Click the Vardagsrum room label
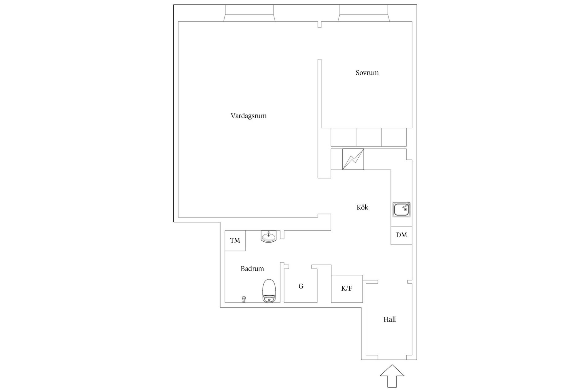[x=248, y=116]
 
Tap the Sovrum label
[x=367, y=73]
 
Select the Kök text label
[x=362, y=207]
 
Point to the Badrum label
[x=252, y=269]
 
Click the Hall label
[x=390, y=319]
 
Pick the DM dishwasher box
[x=401, y=235]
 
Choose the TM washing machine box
[x=235, y=241]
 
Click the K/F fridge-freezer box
[x=347, y=288]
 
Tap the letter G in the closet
[x=301, y=286]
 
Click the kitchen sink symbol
[x=401, y=210]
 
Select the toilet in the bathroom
[x=269, y=291]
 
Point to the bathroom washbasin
[x=269, y=236]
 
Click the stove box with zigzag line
[x=353, y=159]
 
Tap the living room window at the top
[x=249, y=13]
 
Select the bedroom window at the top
[x=364, y=13]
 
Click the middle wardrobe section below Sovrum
[x=369, y=137]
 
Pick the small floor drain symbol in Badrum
[x=244, y=299]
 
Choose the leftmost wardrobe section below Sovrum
[x=343, y=137]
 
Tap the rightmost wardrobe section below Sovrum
[x=394, y=137]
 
